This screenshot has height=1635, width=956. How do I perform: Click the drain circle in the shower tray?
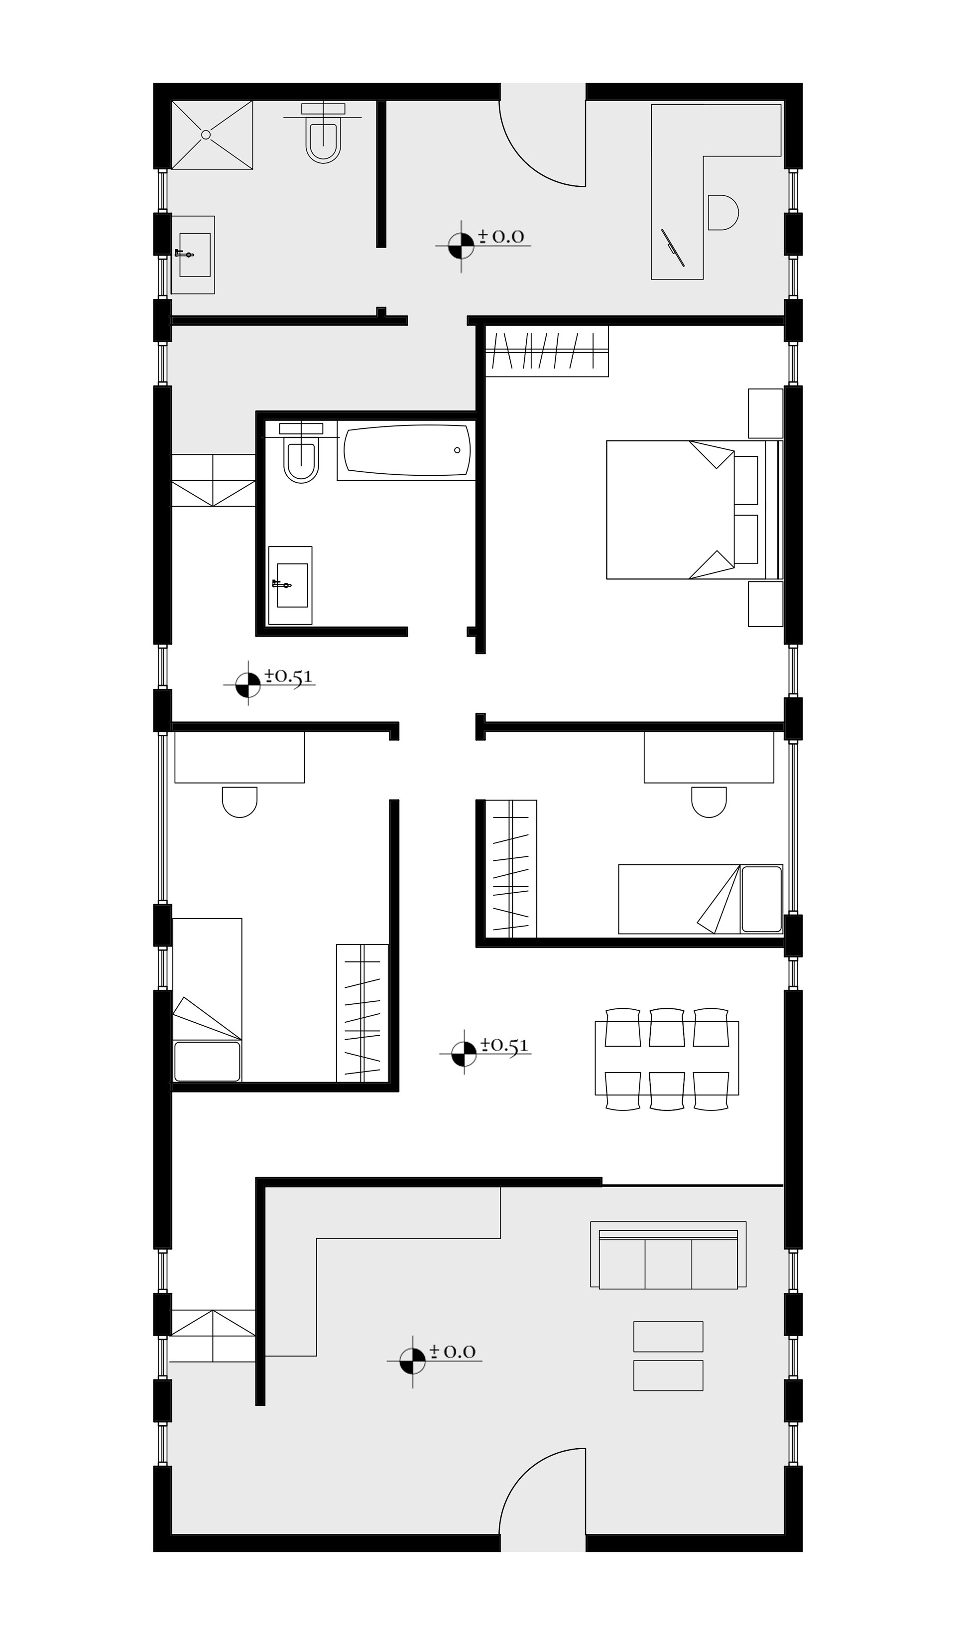[x=206, y=135]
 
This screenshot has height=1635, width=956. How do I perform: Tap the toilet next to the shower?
[x=323, y=133]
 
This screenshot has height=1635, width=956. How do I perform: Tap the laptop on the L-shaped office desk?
[x=673, y=247]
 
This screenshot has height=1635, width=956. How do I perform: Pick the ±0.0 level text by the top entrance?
[x=501, y=236]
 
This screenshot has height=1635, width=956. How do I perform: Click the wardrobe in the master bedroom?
[x=547, y=351]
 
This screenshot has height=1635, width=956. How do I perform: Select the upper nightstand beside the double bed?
[x=765, y=413]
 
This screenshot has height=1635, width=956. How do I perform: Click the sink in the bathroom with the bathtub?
[x=291, y=585]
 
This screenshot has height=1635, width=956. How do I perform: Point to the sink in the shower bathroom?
[x=193, y=255]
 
